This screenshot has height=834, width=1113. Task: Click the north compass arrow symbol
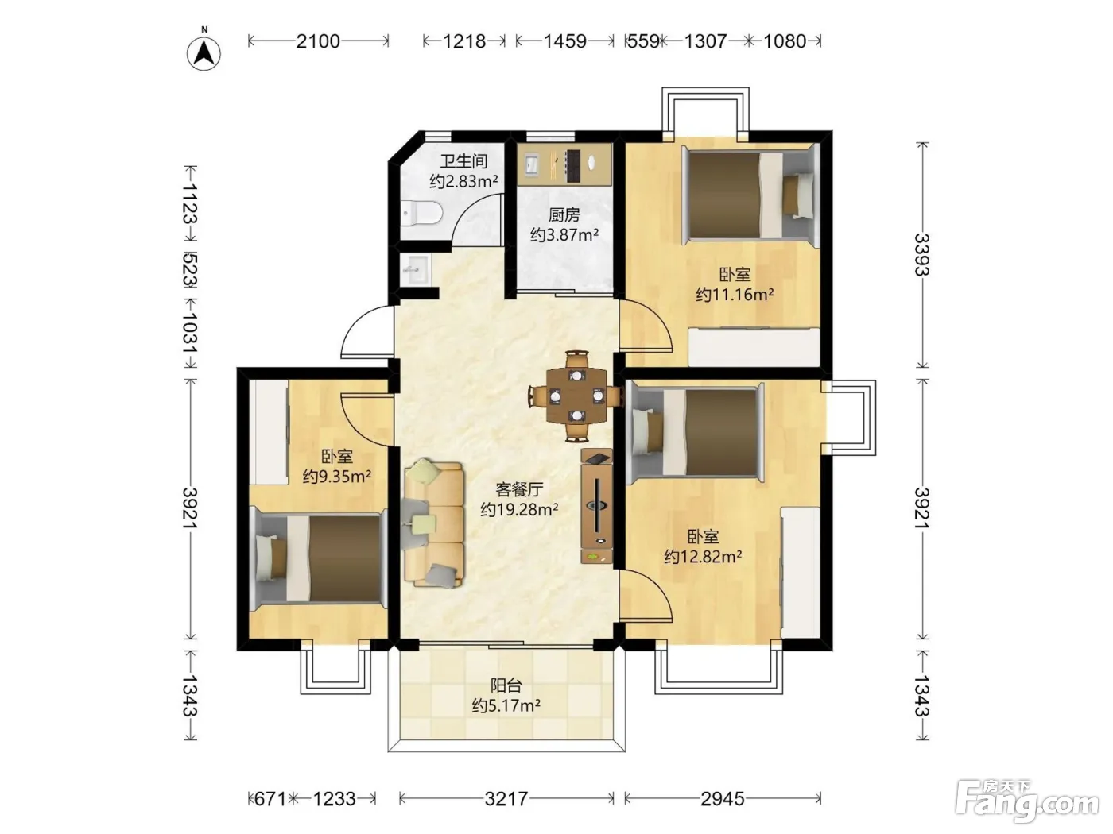click(204, 53)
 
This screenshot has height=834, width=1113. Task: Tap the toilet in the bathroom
click(421, 214)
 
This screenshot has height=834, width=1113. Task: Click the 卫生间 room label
click(463, 161)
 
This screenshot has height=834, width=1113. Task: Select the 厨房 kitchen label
click(564, 215)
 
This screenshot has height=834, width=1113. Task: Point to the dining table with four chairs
click(576, 396)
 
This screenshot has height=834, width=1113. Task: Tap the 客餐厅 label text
click(519, 489)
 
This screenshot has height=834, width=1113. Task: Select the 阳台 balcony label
click(506, 685)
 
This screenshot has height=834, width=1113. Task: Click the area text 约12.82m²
click(703, 557)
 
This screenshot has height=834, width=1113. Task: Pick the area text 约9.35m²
click(337, 477)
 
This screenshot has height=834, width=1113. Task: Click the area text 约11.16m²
click(735, 294)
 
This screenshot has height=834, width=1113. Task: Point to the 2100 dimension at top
click(318, 41)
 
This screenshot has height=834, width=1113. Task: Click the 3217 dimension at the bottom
click(506, 799)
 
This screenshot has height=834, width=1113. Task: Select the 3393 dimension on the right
click(922, 255)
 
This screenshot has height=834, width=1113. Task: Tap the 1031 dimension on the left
click(191, 333)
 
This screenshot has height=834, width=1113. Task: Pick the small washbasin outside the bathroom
click(417, 270)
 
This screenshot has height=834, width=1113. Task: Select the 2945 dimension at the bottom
click(723, 799)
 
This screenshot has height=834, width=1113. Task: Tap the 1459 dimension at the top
click(565, 41)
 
